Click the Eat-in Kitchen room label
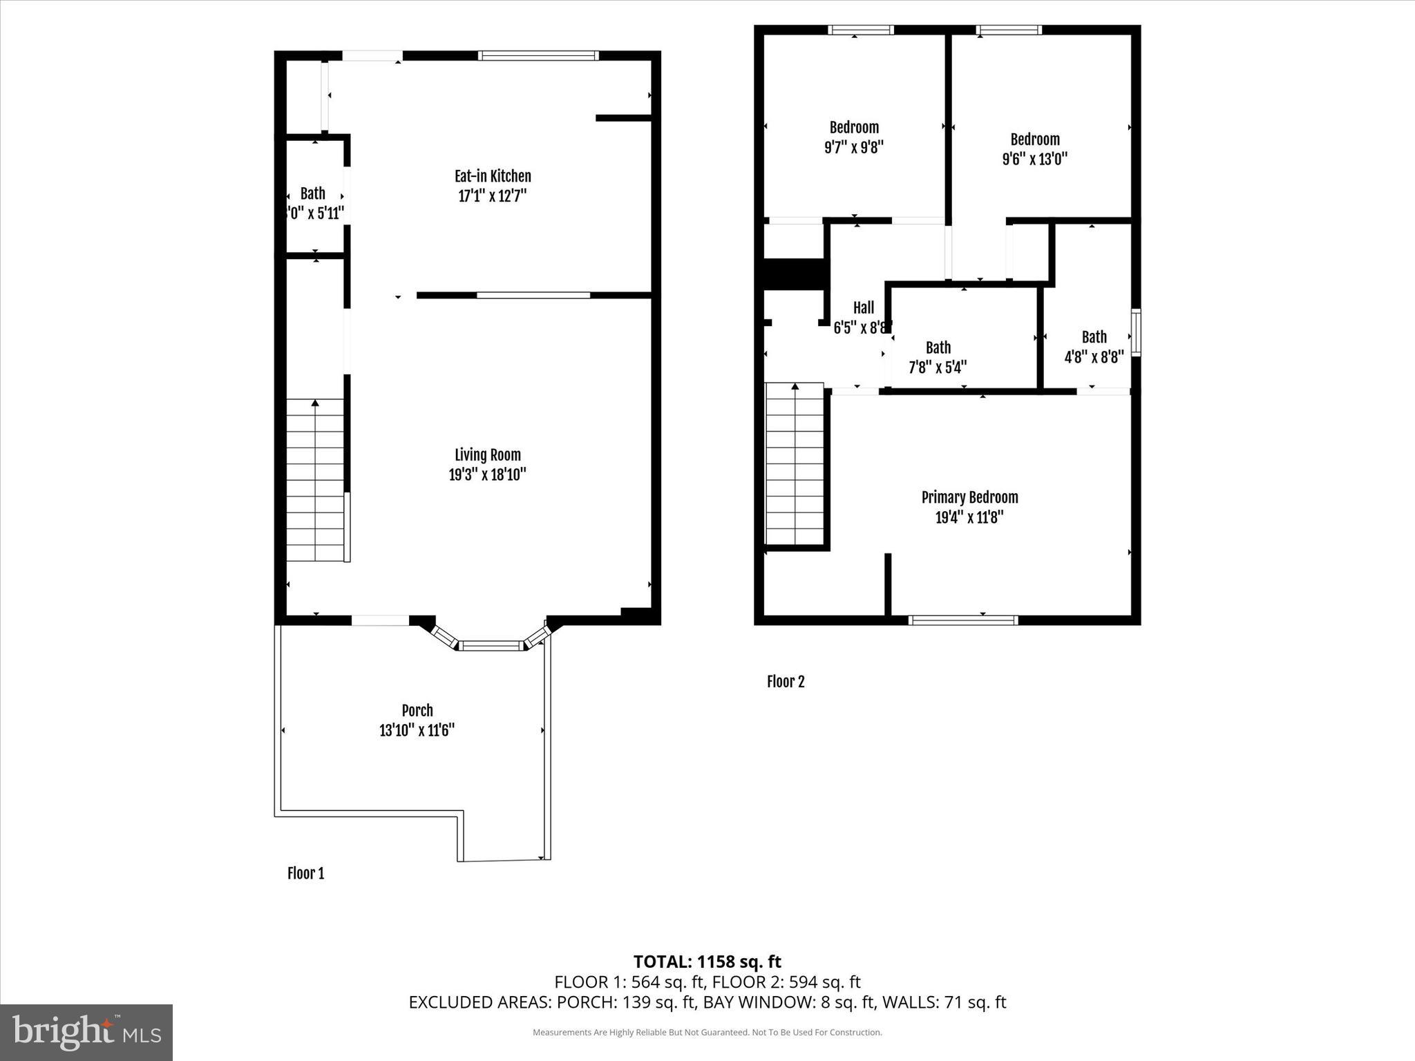[492, 176]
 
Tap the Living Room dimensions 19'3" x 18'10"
[487, 475]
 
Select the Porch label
[417, 710]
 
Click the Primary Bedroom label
[969, 497]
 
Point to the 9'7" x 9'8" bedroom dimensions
[854, 147]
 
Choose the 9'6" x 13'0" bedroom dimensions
[1034, 159]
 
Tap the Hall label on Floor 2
[863, 307]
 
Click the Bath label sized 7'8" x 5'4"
[938, 347]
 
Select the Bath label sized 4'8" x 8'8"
[1094, 337]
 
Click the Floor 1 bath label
[312, 193]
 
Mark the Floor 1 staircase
[315, 480]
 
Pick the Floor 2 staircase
[795, 464]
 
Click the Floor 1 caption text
[305, 873]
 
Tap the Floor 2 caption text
[786, 682]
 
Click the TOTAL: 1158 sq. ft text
[707, 962]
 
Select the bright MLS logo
[86, 1032]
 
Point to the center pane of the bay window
[491, 646]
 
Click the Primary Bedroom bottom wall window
[962, 620]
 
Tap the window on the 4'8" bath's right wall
[1135, 333]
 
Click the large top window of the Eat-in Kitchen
[538, 56]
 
